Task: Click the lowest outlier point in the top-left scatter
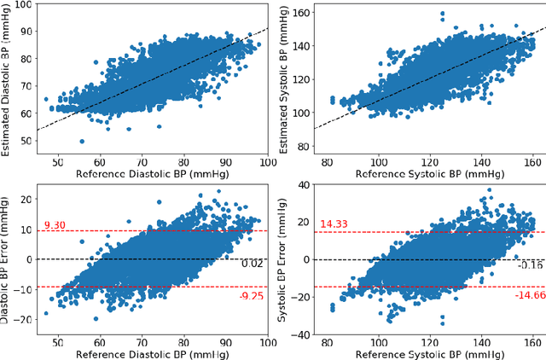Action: coord(83,142)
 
